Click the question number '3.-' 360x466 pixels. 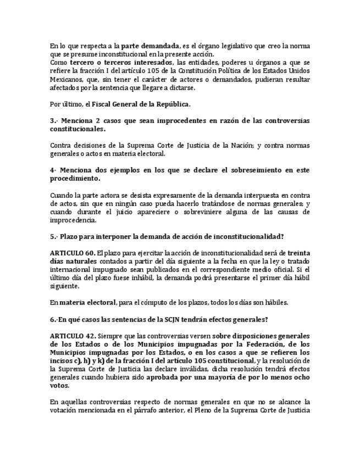pos(54,120)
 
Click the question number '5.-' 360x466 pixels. pos(54,236)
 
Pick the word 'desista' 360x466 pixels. pos(127,196)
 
